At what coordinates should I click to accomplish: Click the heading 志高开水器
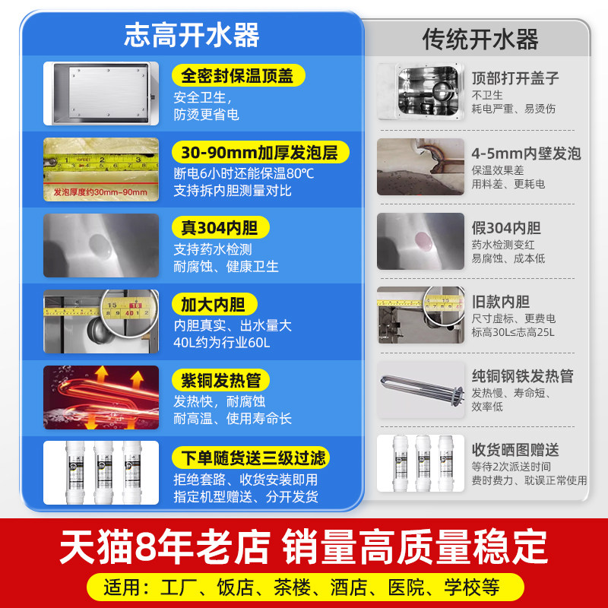pyautogui.click(x=192, y=35)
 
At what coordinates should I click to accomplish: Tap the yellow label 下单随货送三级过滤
pyautogui.click(x=252, y=457)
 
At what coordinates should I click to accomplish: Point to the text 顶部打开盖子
pyautogui.click(x=515, y=78)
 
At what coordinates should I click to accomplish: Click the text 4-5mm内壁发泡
pyautogui.click(x=526, y=154)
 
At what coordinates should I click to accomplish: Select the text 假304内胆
pyautogui.click(x=505, y=228)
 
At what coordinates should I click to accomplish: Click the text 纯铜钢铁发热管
pyautogui.click(x=522, y=376)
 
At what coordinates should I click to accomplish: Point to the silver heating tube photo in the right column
pyautogui.click(x=420, y=389)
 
